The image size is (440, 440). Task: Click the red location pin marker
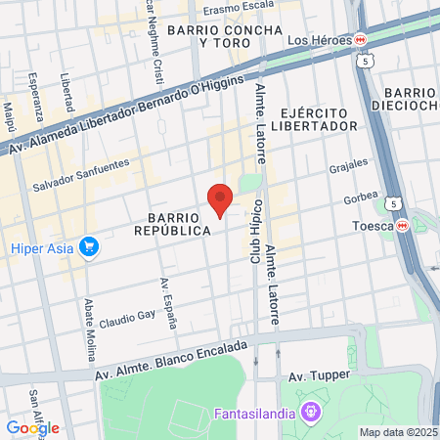(220, 198)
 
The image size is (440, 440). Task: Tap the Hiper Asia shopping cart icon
(90, 247)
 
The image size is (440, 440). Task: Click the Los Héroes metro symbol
(361, 39)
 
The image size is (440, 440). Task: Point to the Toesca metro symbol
(402, 225)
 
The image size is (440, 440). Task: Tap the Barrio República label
(180, 222)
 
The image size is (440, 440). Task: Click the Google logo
(32, 427)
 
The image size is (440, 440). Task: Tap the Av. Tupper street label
(312, 375)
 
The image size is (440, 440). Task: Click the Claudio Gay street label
(128, 317)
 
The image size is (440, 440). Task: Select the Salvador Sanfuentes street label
(80, 174)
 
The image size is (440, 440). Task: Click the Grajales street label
(347, 166)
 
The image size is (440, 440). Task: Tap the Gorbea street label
(360, 198)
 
